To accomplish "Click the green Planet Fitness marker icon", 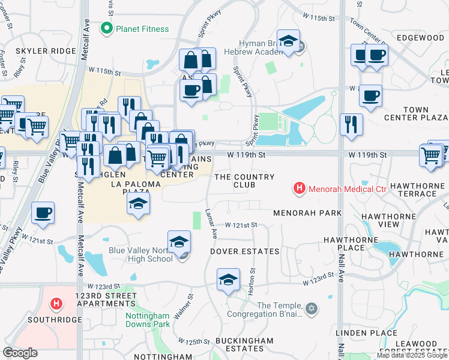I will pyautogui.click(x=107, y=28).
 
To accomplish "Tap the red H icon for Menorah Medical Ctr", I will pyautogui.click(x=299, y=189).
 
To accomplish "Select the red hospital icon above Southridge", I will pyautogui.click(x=56, y=304).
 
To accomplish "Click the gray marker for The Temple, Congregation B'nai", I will pyautogui.click(x=310, y=308).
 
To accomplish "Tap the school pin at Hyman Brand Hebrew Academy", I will pyautogui.click(x=289, y=42).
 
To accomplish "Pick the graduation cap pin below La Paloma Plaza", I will pyautogui.click(x=138, y=204).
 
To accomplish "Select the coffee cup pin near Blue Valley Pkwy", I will pyautogui.click(x=43, y=213).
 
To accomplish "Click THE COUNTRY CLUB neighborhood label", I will pyautogui.click(x=244, y=181).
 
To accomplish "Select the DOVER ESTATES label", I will pyautogui.click(x=244, y=251).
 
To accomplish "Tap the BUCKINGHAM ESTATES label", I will pyautogui.click(x=244, y=344).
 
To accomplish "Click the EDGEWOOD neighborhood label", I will pyautogui.click(x=420, y=38).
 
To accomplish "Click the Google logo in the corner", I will pyautogui.click(x=20, y=353).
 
